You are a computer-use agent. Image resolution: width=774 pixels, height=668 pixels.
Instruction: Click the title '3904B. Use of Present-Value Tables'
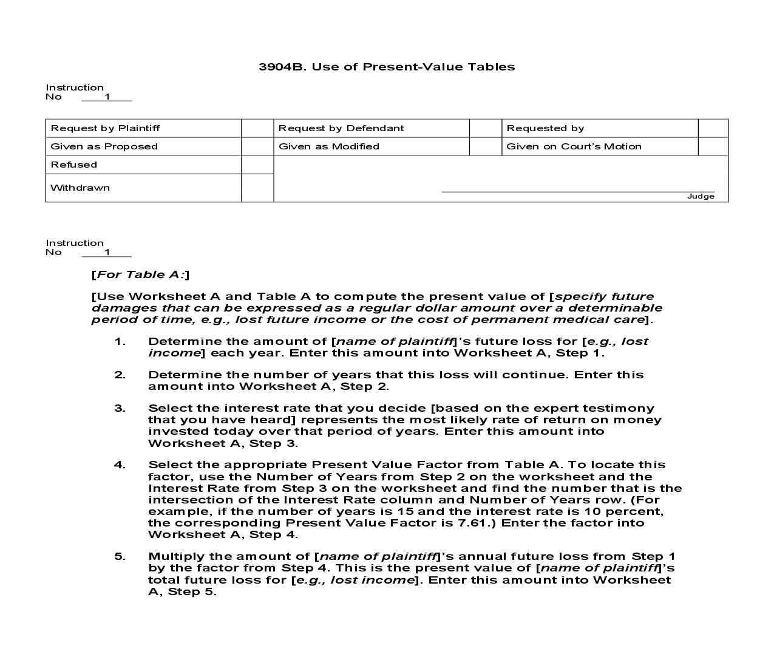coord(387,67)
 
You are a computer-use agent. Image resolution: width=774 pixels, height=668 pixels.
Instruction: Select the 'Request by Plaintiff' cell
coord(105,128)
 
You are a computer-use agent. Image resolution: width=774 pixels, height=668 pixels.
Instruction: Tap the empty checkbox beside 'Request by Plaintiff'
coord(257,128)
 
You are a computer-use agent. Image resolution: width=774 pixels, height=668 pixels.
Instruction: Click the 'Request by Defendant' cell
coord(341,128)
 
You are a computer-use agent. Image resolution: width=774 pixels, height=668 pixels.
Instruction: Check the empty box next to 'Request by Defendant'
coord(485,128)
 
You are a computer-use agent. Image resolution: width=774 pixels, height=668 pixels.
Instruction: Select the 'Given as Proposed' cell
coord(104,146)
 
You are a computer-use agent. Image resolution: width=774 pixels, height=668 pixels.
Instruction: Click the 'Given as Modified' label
coord(328,146)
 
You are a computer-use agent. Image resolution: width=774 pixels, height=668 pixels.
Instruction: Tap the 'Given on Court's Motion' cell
coord(573,146)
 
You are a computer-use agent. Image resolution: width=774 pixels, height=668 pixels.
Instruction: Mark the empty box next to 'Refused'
coord(257,165)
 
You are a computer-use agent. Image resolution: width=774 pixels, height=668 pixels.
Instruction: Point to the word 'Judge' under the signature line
coord(701,196)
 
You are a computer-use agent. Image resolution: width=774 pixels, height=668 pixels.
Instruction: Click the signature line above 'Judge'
coord(577,191)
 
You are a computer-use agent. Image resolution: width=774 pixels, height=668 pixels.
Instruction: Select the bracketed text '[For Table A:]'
coord(140,274)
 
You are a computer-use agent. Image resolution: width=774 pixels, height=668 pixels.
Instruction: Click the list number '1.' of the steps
coord(120,341)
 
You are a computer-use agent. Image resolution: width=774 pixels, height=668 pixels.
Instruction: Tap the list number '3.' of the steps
coord(120,408)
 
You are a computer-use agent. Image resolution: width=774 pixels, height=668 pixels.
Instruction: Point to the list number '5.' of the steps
coord(120,556)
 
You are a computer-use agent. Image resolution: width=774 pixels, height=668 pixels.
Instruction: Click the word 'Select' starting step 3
coord(168,408)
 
